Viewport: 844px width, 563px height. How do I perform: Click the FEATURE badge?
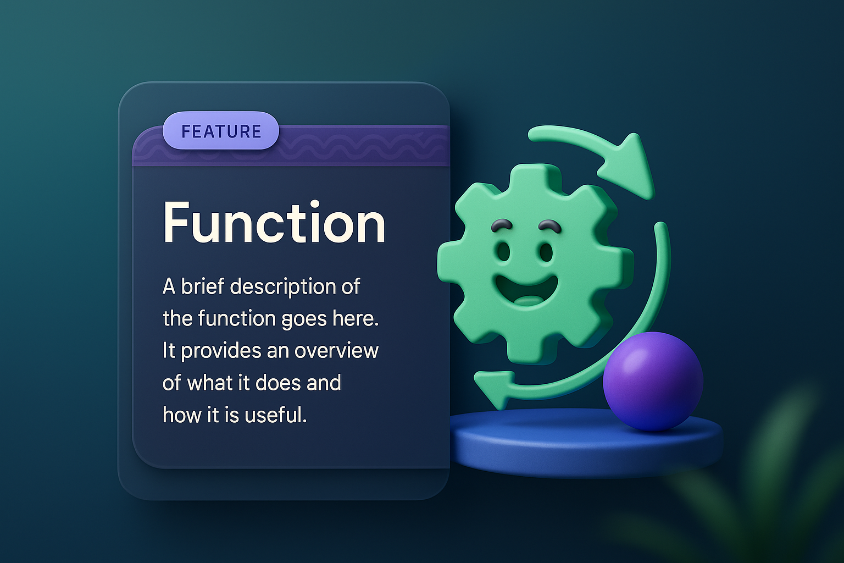(221, 131)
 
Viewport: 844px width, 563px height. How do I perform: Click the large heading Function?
(274, 223)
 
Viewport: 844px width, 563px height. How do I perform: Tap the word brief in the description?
(203, 286)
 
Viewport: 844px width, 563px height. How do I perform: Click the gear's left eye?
(504, 252)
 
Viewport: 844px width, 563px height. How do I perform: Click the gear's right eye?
(546, 252)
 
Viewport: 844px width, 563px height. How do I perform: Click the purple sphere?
(653, 381)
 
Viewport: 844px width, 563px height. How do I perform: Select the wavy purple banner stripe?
(363, 146)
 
